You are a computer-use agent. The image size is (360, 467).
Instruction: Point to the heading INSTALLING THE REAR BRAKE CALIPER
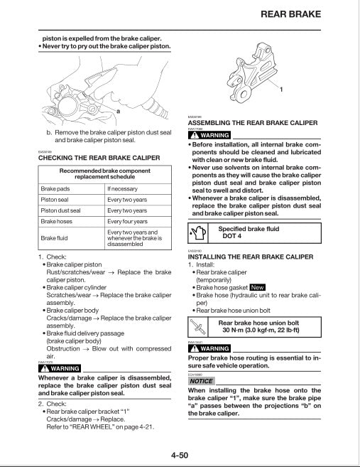pyautogui.click(x=250, y=256)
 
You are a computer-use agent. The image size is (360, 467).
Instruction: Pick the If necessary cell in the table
pyautogui.click(x=123, y=188)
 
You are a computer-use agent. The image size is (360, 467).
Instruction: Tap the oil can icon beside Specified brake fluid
pyautogui.click(x=198, y=233)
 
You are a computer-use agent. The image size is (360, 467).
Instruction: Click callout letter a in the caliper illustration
pyautogui.click(x=118, y=112)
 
